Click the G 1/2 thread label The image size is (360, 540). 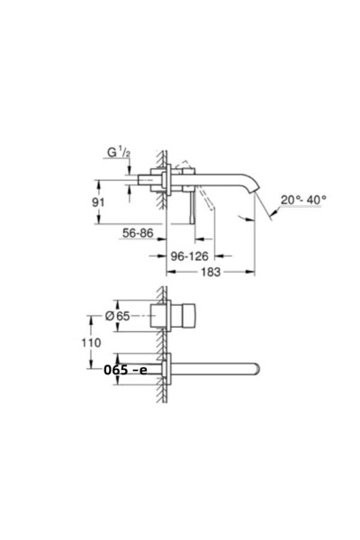[119, 152]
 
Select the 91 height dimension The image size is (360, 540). [98, 202]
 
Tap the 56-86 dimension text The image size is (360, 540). [138, 233]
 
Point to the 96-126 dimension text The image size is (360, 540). [190, 256]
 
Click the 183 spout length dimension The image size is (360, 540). [211, 272]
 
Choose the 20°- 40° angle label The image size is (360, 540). [303, 200]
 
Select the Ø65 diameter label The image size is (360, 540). [118, 316]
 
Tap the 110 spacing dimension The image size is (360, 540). [91, 343]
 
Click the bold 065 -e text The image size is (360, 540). [125, 370]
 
